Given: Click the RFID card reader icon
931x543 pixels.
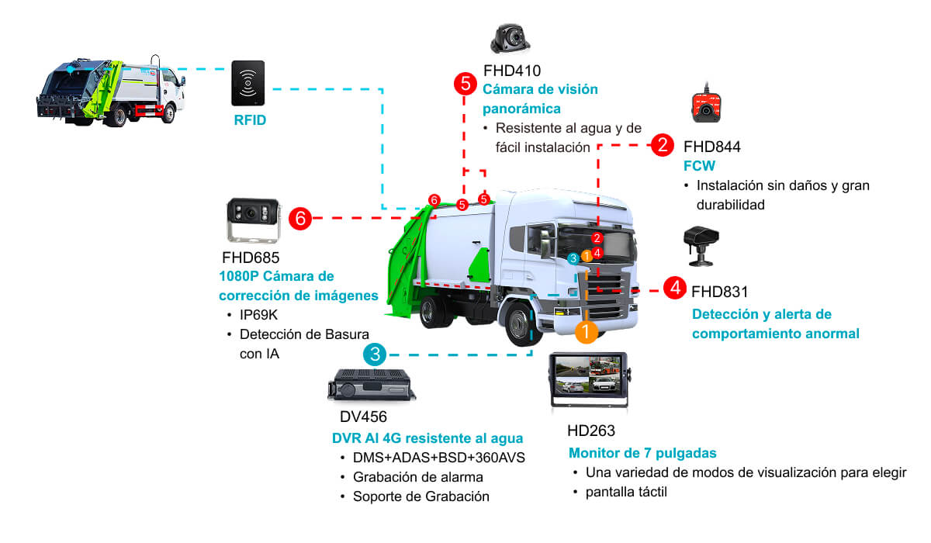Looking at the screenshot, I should pos(247,83).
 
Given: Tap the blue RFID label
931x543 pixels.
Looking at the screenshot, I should pos(250,120).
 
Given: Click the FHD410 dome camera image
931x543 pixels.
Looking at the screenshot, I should pos(509,37).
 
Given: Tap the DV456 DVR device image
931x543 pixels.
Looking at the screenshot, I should pos(370,386).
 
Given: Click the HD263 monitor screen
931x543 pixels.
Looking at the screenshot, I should pos(587,375).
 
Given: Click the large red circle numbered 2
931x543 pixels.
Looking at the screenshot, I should pos(662,144).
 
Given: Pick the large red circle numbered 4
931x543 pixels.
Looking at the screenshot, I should pos(674,289).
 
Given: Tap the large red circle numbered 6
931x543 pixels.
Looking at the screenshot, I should pos(300,219).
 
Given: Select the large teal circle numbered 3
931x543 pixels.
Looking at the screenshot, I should pos(375,355).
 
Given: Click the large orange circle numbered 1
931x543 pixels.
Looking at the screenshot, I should pos(586,332).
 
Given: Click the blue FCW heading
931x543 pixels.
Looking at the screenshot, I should pos(699,166).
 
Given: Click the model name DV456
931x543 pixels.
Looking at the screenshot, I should pos(363,417).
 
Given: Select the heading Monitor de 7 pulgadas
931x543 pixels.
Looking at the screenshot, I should pos(642,453).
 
